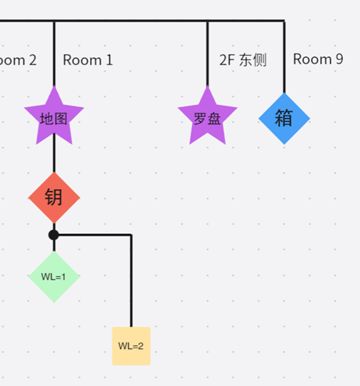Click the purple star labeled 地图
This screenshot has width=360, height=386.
coord(54,117)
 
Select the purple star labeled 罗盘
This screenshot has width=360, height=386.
coord(207,117)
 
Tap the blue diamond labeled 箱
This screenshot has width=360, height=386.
coord(284,118)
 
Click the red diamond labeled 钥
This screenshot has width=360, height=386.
coord(54,198)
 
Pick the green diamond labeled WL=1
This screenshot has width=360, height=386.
coord(54,277)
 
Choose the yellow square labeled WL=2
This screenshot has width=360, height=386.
coord(131,346)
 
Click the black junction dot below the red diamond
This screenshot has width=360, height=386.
coord(54,235)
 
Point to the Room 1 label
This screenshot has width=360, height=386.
coord(88,60)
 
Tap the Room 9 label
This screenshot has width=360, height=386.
coord(318,59)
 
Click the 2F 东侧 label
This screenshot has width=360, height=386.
coord(243,60)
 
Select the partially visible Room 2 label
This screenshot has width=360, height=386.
coord(18,60)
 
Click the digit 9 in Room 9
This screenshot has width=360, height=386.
coord(339,59)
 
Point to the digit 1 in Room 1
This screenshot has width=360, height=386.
coord(110,60)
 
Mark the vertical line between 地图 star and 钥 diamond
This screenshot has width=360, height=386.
coord(54,153)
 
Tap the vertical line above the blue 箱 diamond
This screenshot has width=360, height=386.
coord(284,57)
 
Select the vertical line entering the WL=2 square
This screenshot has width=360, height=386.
coord(131,281)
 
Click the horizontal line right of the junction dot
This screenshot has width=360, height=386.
coord(95,235)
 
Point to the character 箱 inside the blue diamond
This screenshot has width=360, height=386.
coord(284,118)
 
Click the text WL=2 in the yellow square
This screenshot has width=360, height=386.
coord(131,346)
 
